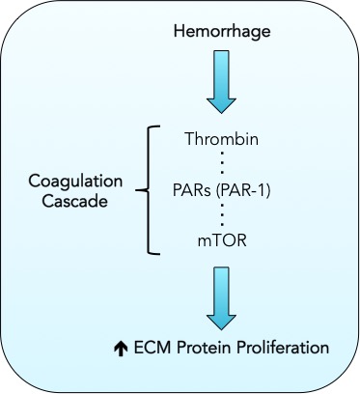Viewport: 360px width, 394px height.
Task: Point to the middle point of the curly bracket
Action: (142, 189)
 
